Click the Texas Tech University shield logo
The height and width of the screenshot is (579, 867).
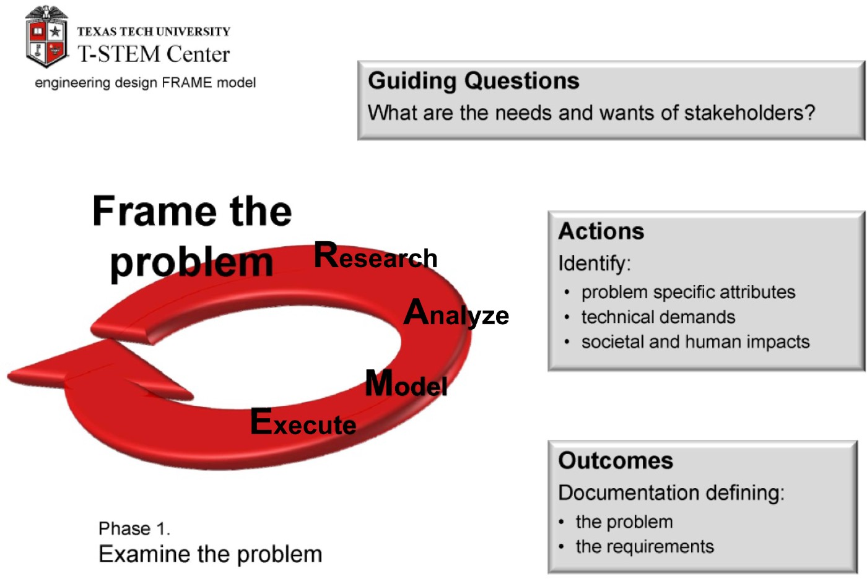[x=47, y=37]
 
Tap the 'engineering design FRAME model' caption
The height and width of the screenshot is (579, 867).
[x=146, y=83]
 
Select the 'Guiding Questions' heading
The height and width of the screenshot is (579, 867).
[x=473, y=81]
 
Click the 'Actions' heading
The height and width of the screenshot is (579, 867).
[x=601, y=231]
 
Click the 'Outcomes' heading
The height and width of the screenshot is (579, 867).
[x=616, y=460]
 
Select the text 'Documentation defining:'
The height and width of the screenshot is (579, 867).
[x=671, y=493]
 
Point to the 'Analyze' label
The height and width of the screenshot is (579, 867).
[x=456, y=313]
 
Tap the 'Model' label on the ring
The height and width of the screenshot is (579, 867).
[x=406, y=384]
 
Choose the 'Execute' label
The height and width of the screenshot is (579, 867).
[x=303, y=422]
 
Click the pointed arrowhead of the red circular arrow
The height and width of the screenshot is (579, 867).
[x=9, y=374]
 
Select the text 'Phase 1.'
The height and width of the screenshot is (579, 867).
[x=134, y=529]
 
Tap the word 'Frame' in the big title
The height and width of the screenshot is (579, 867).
[x=154, y=211]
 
